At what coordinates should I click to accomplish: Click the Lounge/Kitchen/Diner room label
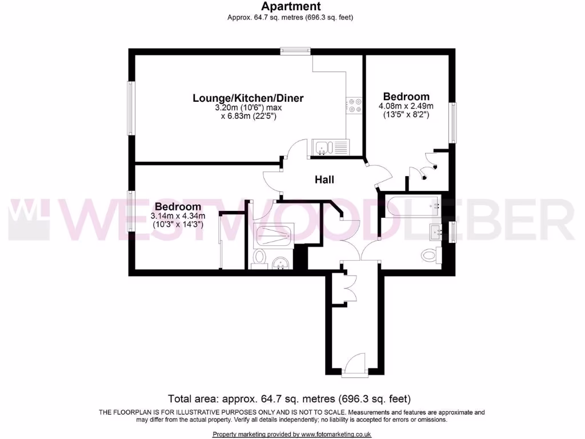point(248,98)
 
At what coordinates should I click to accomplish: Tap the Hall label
point(324,179)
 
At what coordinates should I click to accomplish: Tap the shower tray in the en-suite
point(273,234)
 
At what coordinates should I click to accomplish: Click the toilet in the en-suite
point(259,257)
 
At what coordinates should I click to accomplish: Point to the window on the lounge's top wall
point(295,51)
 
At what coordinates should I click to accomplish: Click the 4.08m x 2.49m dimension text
point(406,106)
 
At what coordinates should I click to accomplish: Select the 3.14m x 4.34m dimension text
point(178,216)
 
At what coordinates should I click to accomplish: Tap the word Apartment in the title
point(291,7)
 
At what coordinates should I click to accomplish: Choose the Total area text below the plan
point(289,398)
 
